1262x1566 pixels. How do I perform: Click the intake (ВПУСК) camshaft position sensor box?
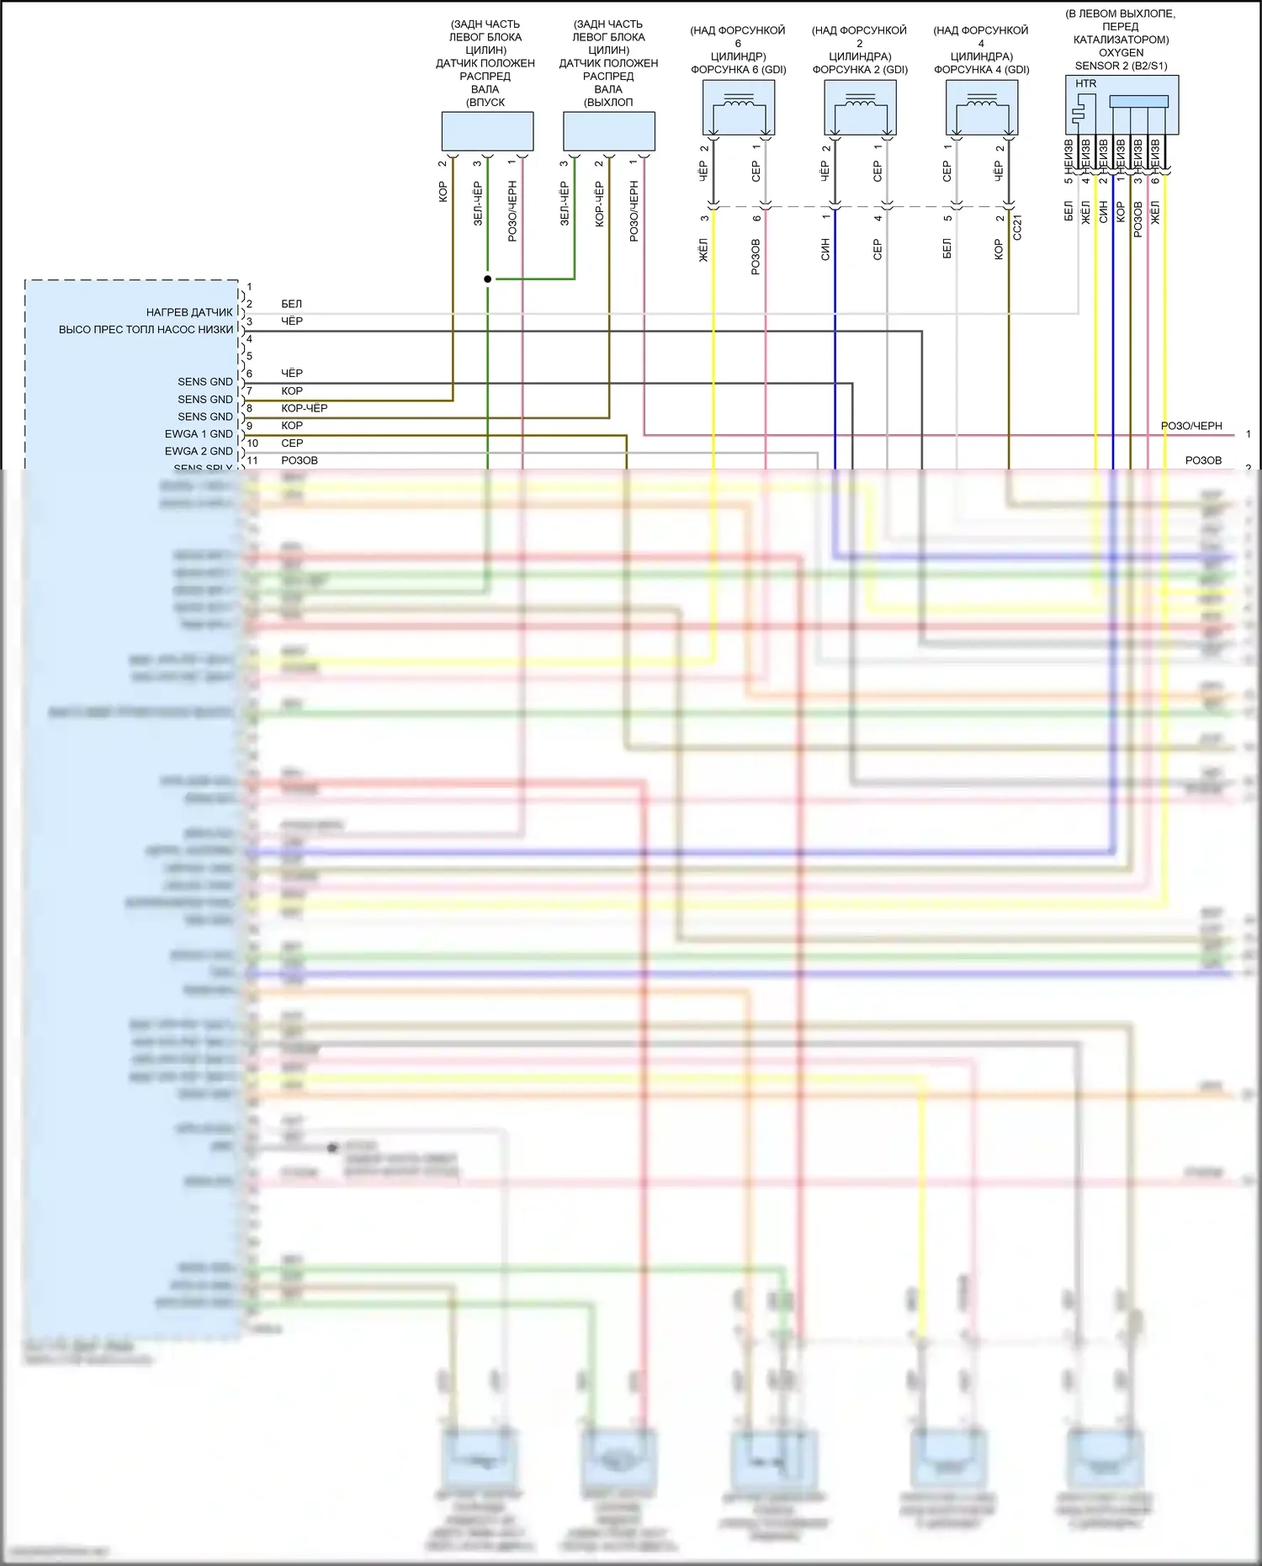[x=487, y=132]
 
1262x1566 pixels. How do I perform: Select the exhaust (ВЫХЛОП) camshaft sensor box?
[x=608, y=132]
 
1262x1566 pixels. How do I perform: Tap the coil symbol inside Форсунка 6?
[x=738, y=102]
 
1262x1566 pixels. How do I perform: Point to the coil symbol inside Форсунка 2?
[x=860, y=102]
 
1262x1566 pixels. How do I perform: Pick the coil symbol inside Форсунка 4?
[x=981, y=102]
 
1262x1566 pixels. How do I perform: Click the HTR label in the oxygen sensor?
[x=1085, y=84]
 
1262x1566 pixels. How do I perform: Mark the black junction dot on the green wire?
[x=488, y=279]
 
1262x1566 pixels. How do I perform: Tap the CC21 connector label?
[x=1017, y=227]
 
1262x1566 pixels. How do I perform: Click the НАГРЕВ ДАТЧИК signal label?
[x=189, y=312]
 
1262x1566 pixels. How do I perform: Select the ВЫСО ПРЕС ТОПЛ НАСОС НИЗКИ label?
[x=146, y=330]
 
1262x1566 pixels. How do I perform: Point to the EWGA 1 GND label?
[x=199, y=434]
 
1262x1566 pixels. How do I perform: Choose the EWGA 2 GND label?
[x=199, y=452]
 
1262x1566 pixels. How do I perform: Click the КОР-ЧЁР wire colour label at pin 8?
[x=305, y=408]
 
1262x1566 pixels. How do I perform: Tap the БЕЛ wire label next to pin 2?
[x=291, y=304]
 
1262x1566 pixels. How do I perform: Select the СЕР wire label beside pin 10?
[x=292, y=443]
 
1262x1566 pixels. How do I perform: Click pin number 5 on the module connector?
[x=249, y=356]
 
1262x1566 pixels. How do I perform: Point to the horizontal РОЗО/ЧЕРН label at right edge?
[x=1191, y=426]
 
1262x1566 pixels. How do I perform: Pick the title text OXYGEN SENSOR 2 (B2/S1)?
[x=1121, y=59]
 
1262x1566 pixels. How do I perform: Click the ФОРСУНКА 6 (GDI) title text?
[x=738, y=70]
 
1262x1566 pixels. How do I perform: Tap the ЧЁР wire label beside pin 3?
[x=292, y=321]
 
